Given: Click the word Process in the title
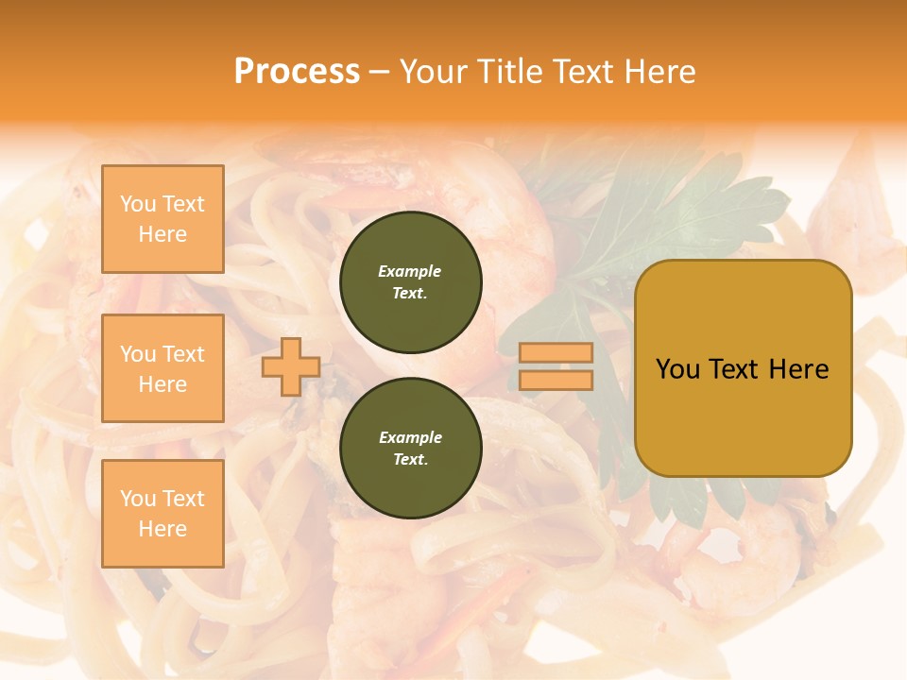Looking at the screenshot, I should point(297,72).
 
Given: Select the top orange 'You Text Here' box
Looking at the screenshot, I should point(163,219).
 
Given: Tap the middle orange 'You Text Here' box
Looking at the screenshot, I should point(163,368).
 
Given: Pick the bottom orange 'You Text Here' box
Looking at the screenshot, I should point(163,513).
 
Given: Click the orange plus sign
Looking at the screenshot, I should point(291,366).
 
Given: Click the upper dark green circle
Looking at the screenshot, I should point(410,281).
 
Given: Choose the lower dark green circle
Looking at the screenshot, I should point(410,448).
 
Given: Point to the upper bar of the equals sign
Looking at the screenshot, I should point(556,352).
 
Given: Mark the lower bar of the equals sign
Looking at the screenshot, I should point(556,380).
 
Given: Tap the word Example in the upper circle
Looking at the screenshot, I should point(410,271).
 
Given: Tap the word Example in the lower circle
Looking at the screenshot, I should point(410,437).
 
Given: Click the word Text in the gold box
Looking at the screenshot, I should point(736,369).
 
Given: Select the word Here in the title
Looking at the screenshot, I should point(658,72).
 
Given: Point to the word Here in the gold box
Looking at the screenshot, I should point(801,369).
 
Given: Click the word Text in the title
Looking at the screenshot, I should point(581,72).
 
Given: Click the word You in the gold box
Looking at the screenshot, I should point(678,369).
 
